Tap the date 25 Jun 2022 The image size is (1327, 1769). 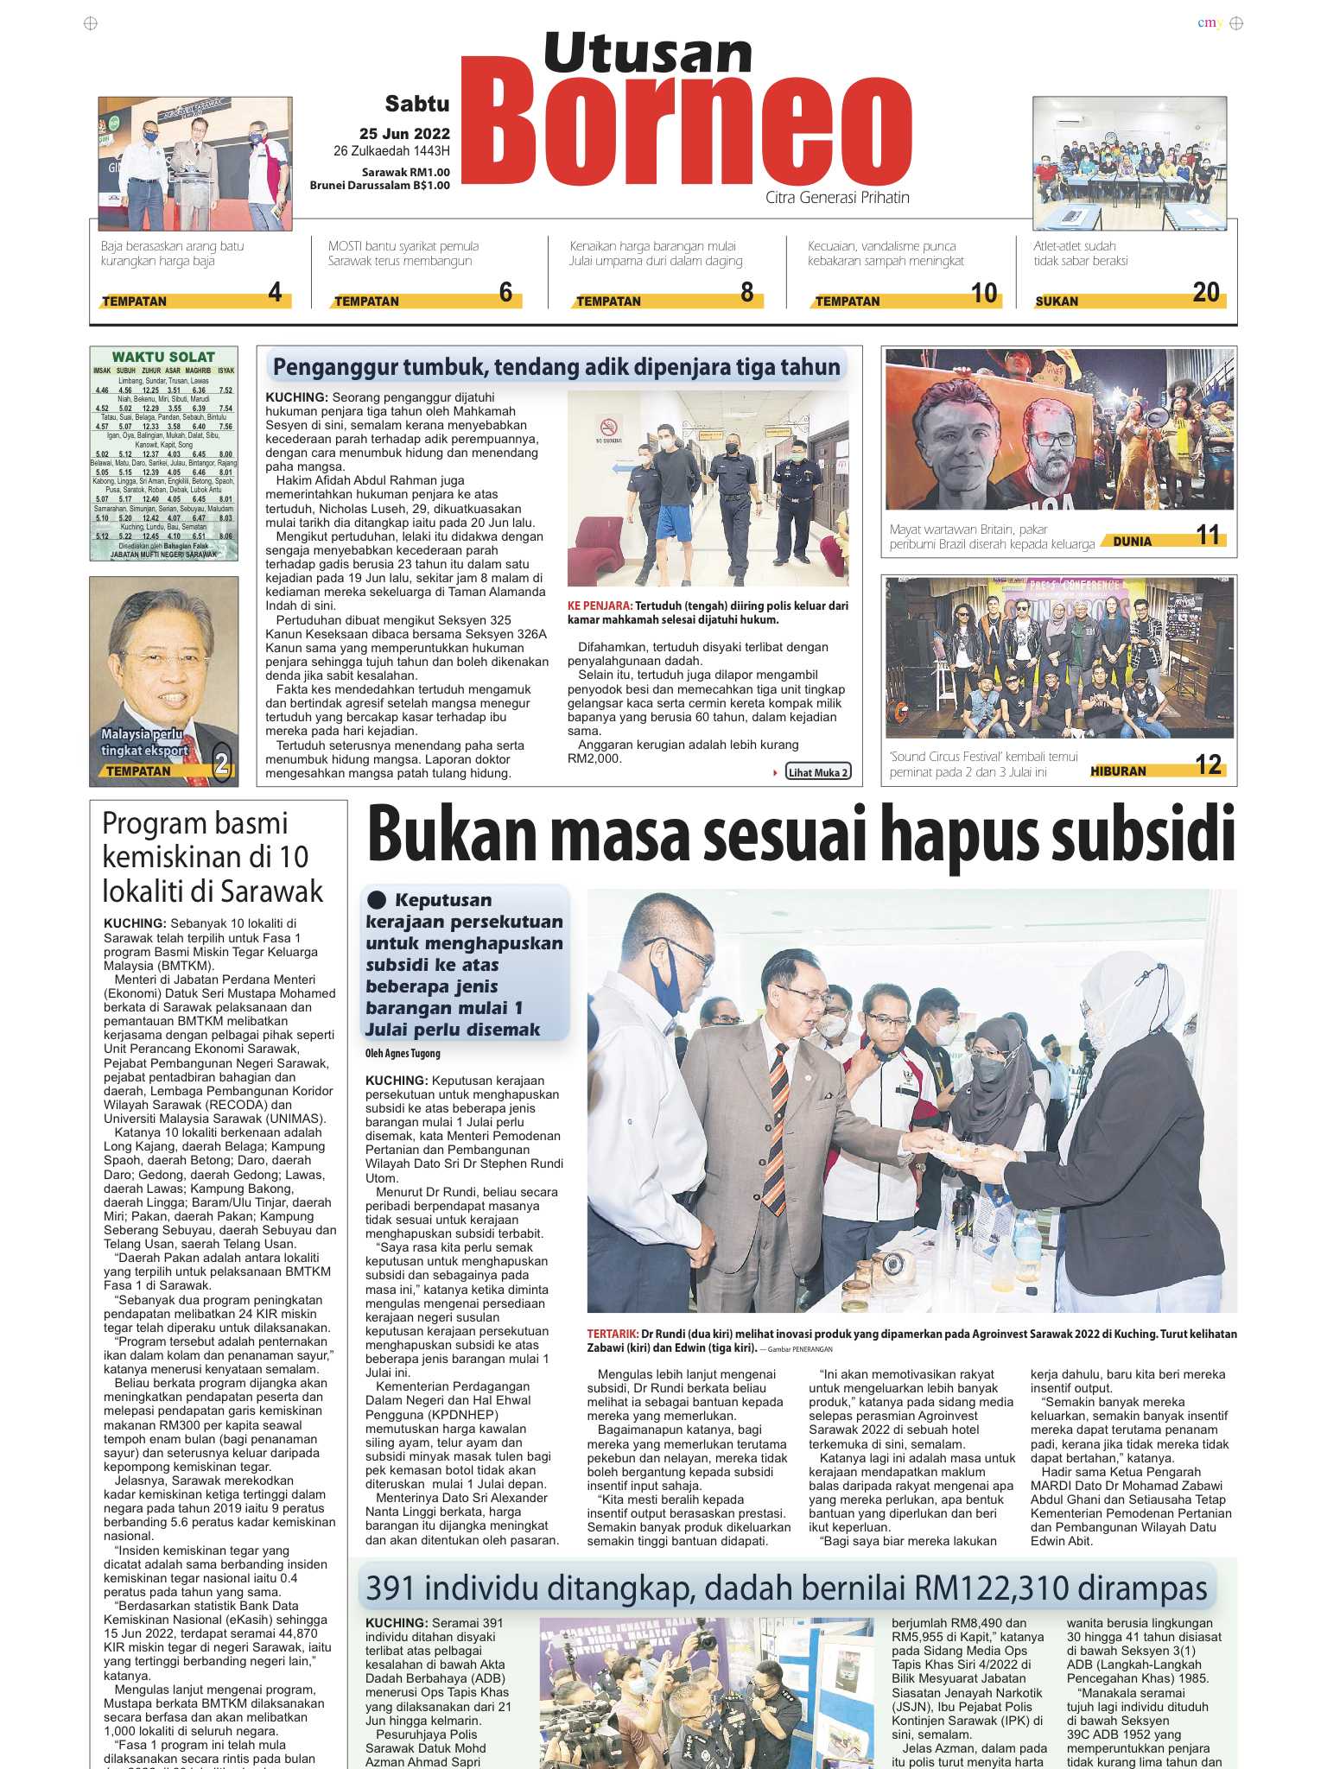404,134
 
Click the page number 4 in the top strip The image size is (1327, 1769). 275,293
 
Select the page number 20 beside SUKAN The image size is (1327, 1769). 1205,293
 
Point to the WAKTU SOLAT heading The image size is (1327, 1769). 163,357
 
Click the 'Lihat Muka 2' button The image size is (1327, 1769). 817,772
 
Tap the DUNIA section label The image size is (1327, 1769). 1132,542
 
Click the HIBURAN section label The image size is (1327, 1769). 1118,770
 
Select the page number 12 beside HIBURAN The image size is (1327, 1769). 1208,765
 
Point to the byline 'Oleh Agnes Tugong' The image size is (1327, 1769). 403,1053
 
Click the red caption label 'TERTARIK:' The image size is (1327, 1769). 613,1334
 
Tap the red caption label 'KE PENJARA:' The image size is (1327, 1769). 600,606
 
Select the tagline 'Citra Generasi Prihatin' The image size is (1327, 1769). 837,198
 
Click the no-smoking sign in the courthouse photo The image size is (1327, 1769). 609,428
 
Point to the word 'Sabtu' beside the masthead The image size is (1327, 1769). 417,105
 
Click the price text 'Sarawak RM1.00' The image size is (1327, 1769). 406,173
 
